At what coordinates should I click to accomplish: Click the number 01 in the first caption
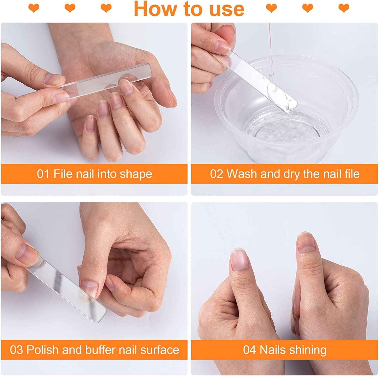[43, 174]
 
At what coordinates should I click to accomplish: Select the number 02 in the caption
[217, 174]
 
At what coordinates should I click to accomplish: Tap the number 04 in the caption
[250, 350]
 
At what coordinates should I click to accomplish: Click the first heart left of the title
[34, 8]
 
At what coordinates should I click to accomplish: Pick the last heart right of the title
[344, 8]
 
